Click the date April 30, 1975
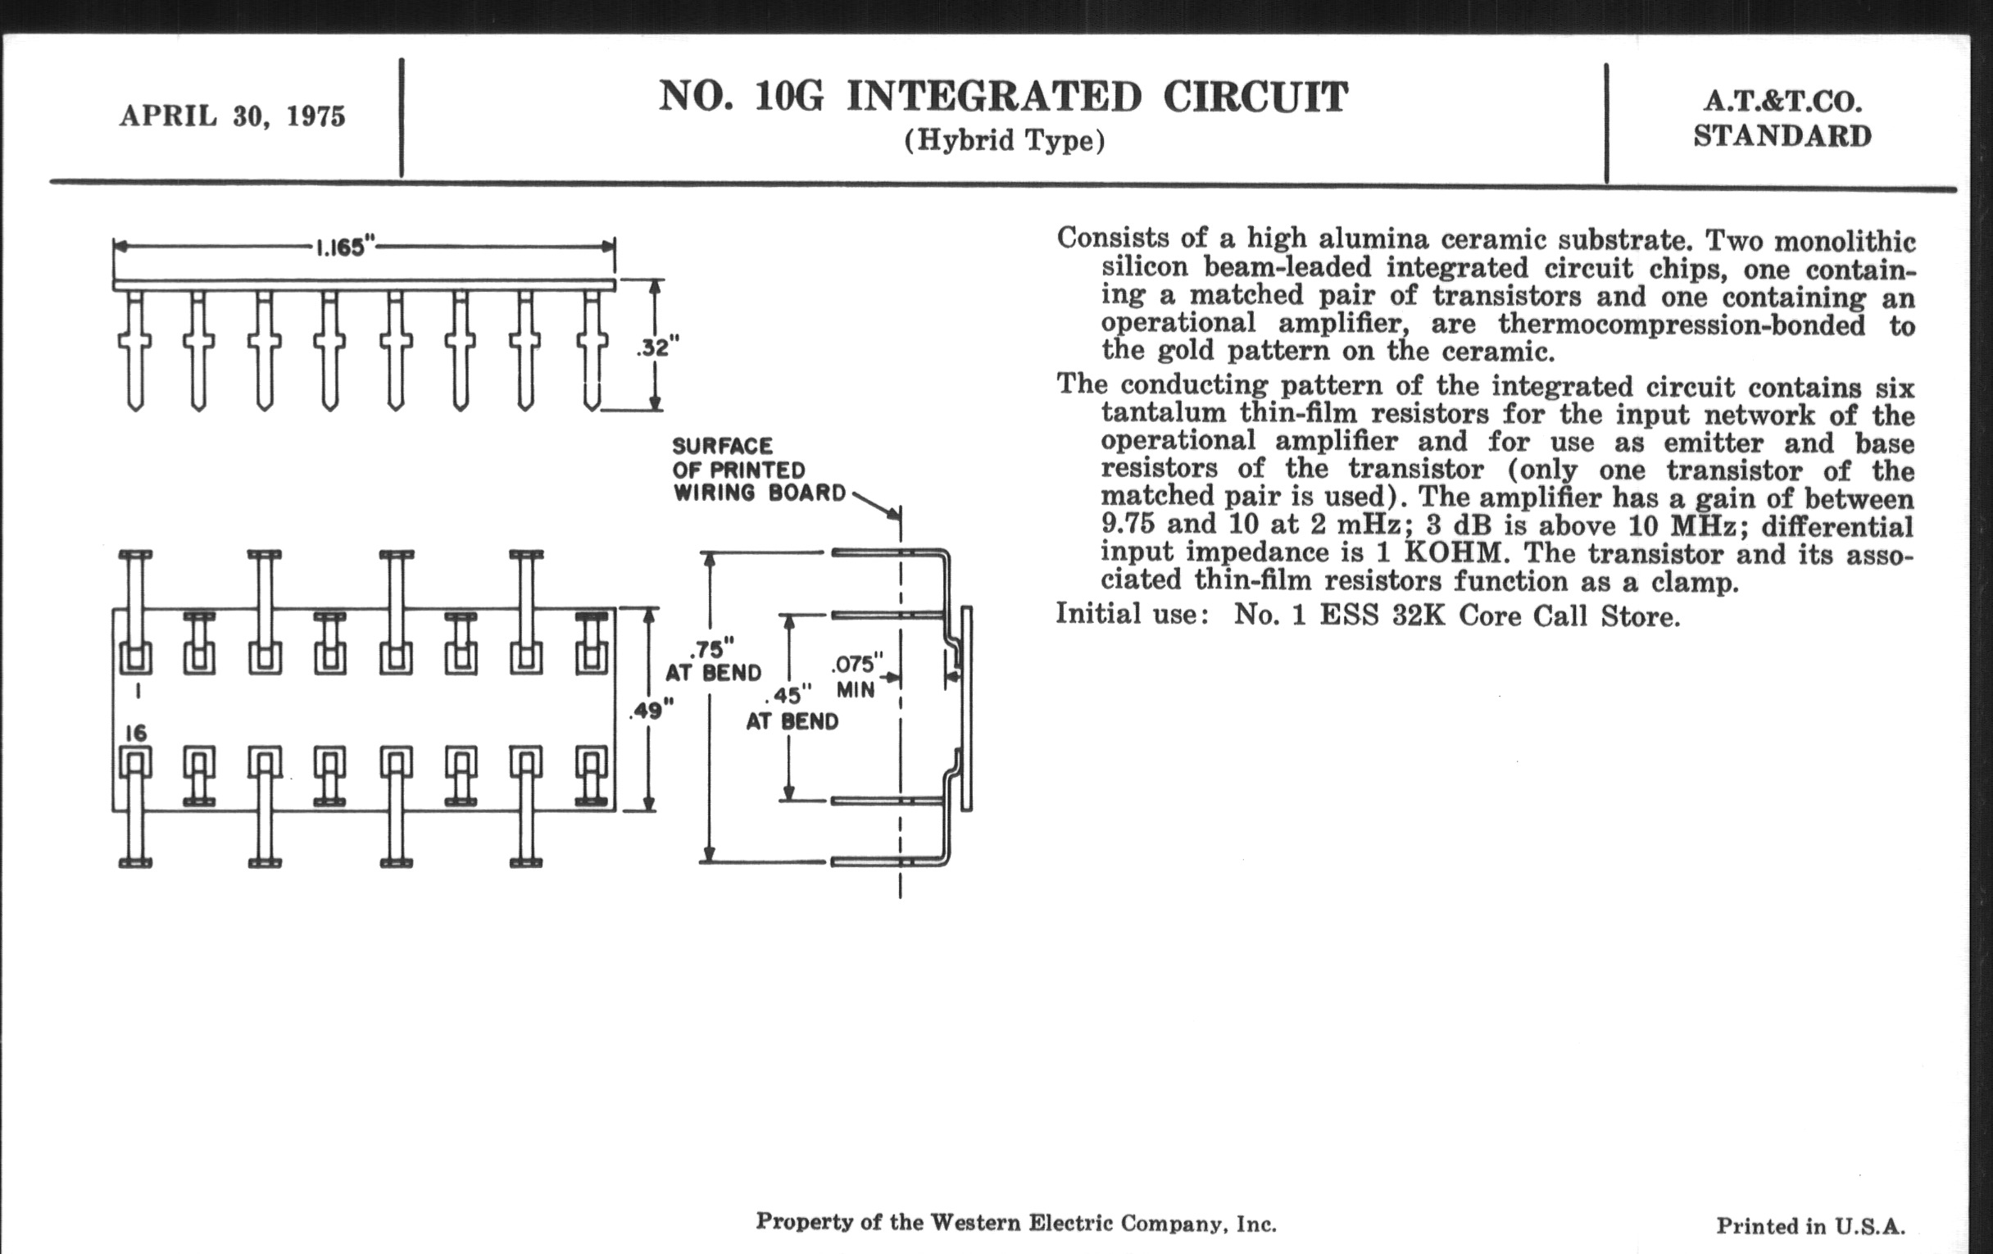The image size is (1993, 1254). (x=233, y=116)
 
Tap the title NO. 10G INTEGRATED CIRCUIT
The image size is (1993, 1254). (x=1003, y=97)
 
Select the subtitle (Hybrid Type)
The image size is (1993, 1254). (x=1004, y=141)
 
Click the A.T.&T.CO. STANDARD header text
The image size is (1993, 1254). (x=1782, y=118)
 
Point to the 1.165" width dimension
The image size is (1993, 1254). (x=345, y=247)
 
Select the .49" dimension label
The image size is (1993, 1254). (x=651, y=710)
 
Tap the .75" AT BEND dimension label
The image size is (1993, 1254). (x=713, y=660)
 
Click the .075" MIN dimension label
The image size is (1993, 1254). (x=856, y=676)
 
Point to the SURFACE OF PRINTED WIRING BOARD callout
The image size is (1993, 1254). (x=758, y=470)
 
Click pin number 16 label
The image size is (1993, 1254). (x=136, y=733)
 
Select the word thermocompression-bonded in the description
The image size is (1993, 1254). (x=1681, y=325)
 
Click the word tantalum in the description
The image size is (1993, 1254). (x=1163, y=413)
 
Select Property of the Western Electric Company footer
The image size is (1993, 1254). (x=1015, y=1223)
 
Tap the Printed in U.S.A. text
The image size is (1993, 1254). (x=1810, y=1225)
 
